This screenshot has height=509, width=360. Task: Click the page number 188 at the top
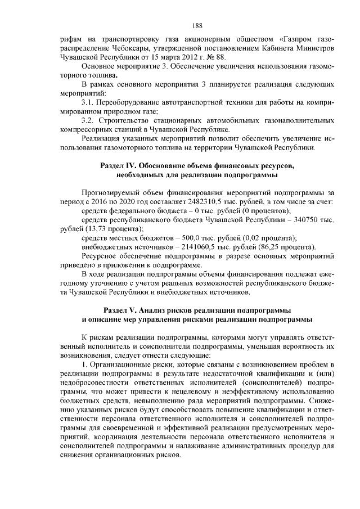tap(196, 25)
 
